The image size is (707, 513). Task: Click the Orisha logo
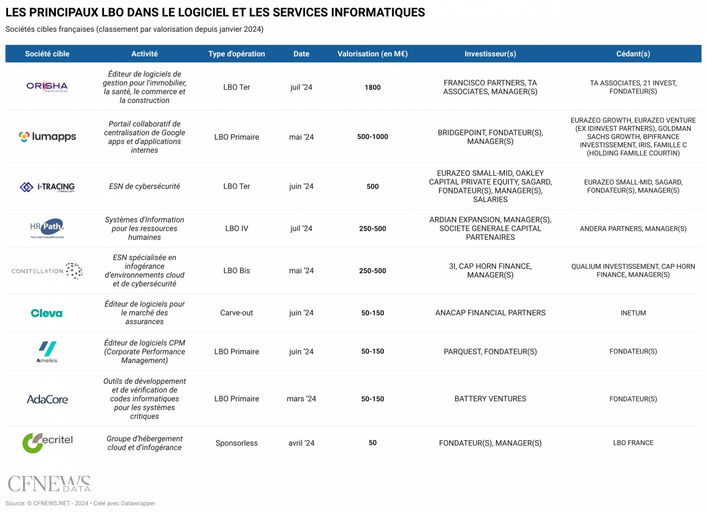point(47,86)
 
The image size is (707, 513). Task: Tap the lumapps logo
point(47,137)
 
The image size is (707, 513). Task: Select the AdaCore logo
point(47,399)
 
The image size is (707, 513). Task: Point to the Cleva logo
point(47,313)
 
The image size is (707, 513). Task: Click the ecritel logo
point(47,443)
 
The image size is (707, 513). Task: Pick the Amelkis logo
point(47,352)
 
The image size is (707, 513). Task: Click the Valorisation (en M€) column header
point(373,54)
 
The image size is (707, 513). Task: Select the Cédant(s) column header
point(633,54)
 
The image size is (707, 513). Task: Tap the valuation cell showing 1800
point(373,87)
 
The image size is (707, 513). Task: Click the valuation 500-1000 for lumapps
point(373,137)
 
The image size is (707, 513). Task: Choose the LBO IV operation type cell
point(237,228)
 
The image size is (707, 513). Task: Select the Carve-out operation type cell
point(237,313)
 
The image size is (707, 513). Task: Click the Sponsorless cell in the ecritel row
point(237,443)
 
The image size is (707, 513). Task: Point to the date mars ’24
point(301,399)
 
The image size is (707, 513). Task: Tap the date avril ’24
point(301,443)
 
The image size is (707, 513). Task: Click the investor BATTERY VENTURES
point(490,399)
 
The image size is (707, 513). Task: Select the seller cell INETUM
point(633,313)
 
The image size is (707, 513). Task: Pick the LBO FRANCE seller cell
point(633,443)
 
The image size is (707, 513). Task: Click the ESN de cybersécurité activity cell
point(144,186)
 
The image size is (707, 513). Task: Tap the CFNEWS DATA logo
point(49,483)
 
